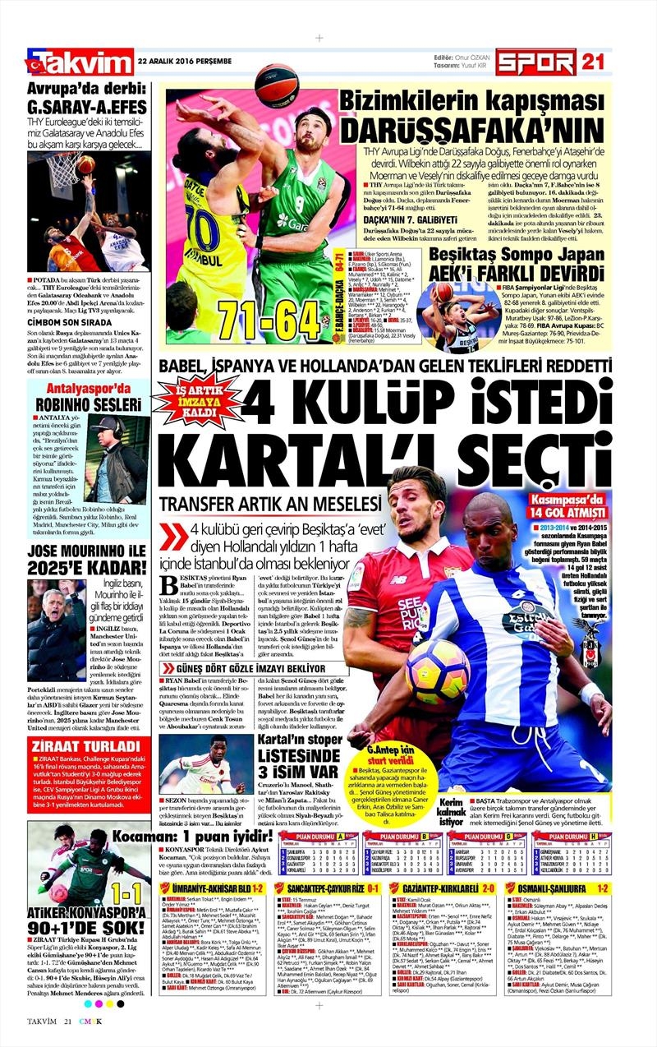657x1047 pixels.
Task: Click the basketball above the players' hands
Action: point(276,85)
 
